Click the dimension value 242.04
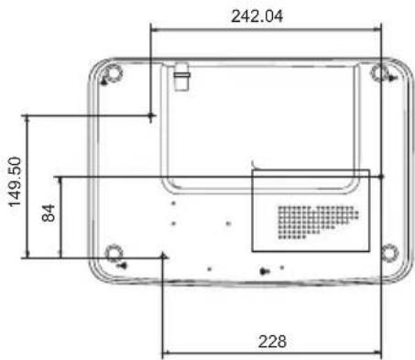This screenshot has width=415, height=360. tap(257, 16)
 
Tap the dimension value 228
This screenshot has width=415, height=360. tap(272, 342)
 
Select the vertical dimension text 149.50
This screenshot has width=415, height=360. tap(15, 182)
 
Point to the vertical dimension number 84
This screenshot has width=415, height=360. tap(49, 213)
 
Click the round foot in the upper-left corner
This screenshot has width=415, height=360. tap(114, 73)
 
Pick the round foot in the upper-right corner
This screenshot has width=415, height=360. tap(379, 73)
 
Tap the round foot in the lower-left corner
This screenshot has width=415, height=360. tap(115, 253)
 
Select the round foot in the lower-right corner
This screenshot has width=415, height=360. tap(390, 253)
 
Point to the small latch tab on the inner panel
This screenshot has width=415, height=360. tap(181, 77)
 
